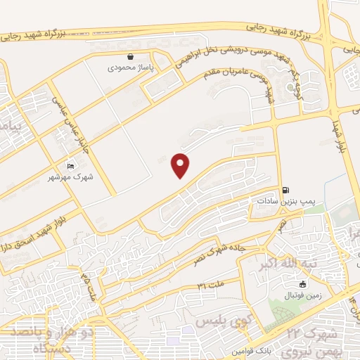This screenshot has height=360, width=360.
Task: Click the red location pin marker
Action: click(x=181, y=166)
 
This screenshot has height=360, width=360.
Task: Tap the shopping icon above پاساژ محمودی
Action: click(x=130, y=57)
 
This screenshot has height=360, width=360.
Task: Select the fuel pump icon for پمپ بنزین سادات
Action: click(x=285, y=190)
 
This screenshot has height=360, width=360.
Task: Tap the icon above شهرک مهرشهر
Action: click(x=70, y=165)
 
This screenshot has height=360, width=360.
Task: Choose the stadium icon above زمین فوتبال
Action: click(x=302, y=285)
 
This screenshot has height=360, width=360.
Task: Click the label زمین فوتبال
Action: click(x=302, y=296)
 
